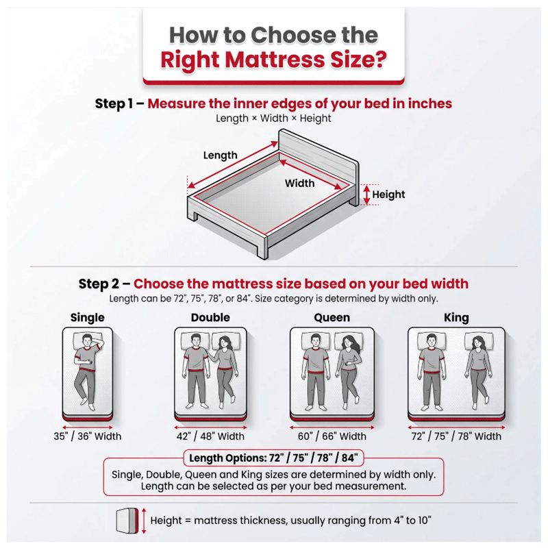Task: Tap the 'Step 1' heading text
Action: [x=114, y=104]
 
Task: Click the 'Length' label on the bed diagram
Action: [x=220, y=155]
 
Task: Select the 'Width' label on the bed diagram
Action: [x=299, y=183]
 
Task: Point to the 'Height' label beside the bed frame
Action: [x=388, y=195]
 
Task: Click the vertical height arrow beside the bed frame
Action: [x=366, y=195]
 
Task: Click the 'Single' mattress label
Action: [x=88, y=317]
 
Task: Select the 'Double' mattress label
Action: [x=210, y=317]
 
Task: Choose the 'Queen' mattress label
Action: [x=332, y=317]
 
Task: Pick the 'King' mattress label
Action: [x=456, y=317]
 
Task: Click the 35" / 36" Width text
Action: [x=88, y=436]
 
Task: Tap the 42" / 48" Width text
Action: [x=210, y=436]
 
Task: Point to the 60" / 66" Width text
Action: [x=332, y=436]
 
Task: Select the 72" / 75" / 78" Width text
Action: [x=456, y=436]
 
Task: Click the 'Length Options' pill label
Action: [x=273, y=458]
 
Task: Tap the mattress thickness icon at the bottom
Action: [x=127, y=521]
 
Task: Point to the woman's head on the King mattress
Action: [x=477, y=342]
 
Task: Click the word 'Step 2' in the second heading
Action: [x=99, y=284]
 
